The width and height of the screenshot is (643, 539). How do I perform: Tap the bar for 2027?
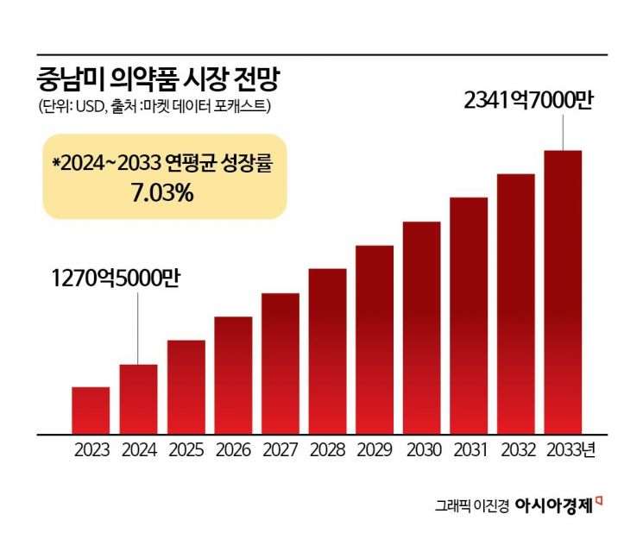(x=281, y=362)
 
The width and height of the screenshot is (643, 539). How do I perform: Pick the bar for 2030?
(x=422, y=327)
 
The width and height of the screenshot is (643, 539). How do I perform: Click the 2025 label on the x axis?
(x=186, y=449)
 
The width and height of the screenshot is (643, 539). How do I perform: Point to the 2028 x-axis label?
(x=328, y=449)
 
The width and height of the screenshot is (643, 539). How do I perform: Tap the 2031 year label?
(x=469, y=449)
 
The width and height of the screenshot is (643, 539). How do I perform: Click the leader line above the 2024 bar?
(x=138, y=329)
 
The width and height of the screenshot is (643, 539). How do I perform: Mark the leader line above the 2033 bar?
(x=564, y=132)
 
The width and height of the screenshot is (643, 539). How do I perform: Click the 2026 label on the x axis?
(x=234, y=449)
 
